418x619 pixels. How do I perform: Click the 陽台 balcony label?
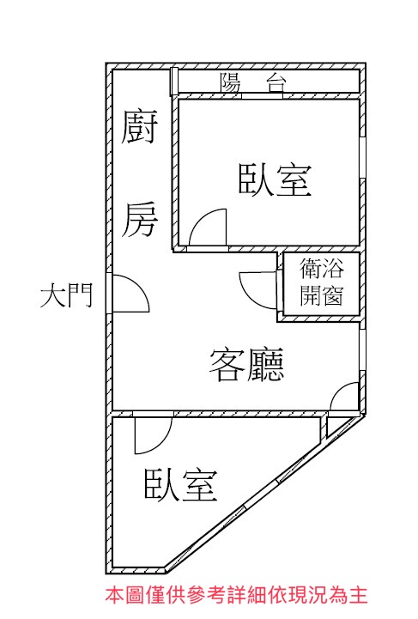point(253,82)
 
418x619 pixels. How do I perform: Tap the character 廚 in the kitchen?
point(139,127)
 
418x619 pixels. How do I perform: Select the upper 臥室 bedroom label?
point(276,180)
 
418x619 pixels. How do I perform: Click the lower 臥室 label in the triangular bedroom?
point(181,485)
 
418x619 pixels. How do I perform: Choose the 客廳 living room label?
point(246,364)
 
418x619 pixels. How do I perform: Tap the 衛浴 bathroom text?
point(321,268)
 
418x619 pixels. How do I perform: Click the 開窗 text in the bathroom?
point(321,295)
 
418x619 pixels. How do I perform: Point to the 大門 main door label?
point(67,294)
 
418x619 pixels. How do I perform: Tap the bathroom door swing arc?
point(246,295)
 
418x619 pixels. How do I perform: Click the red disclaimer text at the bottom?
point(236,595)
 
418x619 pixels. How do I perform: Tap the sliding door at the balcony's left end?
point(173,82)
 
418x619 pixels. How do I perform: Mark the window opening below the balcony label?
point(263,96)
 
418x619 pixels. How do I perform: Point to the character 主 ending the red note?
point(359,595)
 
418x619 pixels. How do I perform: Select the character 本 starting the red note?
point(114,595)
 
